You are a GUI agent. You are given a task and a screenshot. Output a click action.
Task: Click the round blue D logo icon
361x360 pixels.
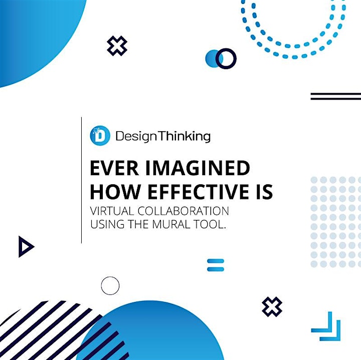click(x=100, y=136)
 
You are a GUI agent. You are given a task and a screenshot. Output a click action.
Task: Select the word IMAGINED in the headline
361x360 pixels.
click(x=198, y=168)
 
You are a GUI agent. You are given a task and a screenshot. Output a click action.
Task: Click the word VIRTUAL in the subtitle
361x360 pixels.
click(x=112, y=211)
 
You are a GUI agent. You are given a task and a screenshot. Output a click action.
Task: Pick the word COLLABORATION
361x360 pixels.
click(x=184, y=211)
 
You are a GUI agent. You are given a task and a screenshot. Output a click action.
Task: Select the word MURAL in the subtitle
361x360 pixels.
click(x=171, y=224)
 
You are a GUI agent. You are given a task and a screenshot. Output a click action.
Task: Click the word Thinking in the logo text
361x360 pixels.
click(x=184, y=136)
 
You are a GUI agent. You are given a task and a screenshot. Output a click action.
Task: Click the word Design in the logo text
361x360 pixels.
click(x=136, y=137)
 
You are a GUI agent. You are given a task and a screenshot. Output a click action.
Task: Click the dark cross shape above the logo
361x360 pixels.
click(x=117, y=46)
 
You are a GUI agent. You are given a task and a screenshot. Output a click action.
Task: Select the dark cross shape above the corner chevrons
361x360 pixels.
click(x=272, y=306)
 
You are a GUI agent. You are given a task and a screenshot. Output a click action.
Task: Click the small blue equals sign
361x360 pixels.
click(x=216, y=265)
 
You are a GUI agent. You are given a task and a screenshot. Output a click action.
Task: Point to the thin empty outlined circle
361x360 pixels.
click(x=110, y=276)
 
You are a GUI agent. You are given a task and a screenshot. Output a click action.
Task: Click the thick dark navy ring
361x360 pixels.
click(x=226, y=49)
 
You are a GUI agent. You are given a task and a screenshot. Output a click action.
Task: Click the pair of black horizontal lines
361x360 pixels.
click(x=335, y=96)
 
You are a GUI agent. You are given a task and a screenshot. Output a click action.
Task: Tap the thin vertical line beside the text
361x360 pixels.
click(x=81, y=180)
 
